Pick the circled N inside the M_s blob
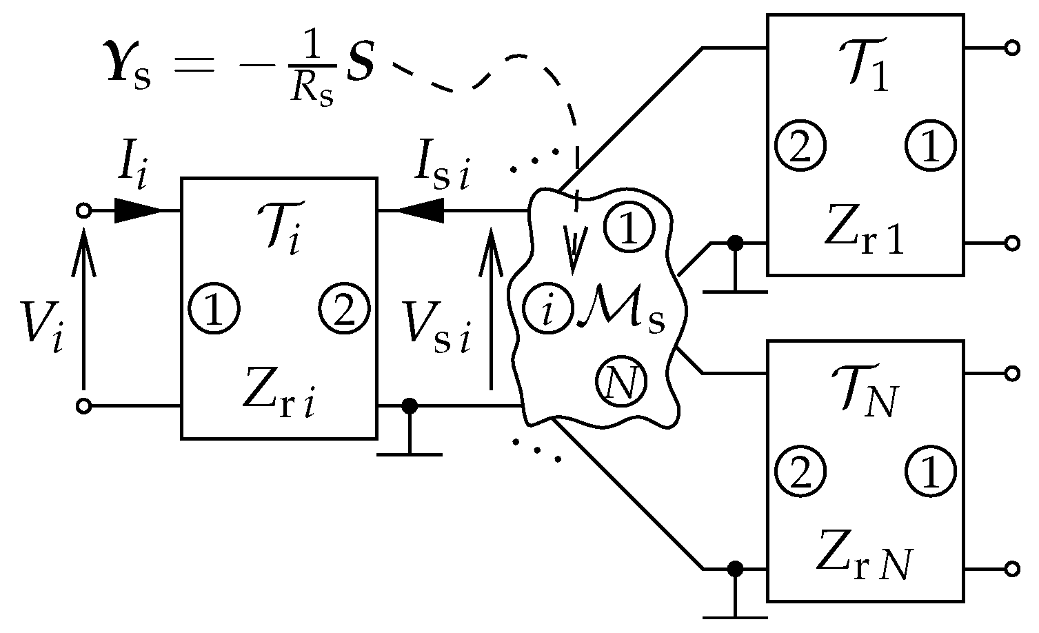621,383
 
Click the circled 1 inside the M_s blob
627,229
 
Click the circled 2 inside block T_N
800,472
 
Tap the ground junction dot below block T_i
410,406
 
